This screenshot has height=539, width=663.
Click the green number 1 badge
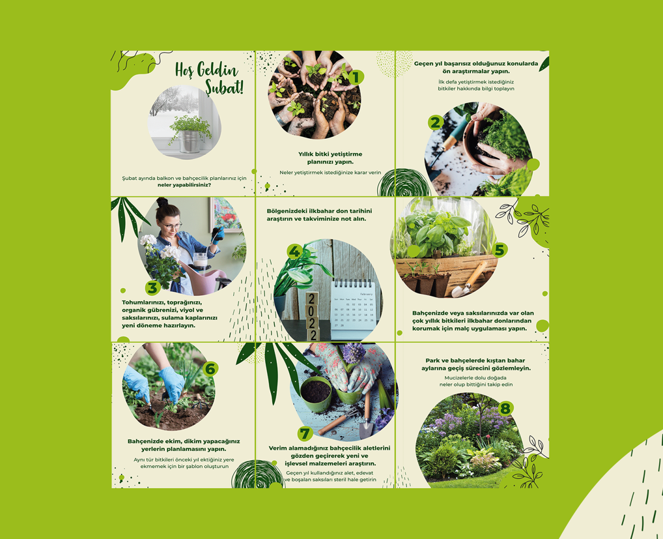coord(356,77)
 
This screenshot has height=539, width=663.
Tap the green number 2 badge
coord(435,123)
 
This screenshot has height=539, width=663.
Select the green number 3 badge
coord(152,287)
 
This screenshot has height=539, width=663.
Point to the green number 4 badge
coord(295,252)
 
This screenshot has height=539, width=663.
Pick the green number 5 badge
coord(500,250)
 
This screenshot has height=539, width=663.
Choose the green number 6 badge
coord(210,369)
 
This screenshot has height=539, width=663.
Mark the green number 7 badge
coord(305,433)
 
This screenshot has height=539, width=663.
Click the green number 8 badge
coord(505,408)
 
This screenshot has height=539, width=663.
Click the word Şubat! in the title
coord(224,87)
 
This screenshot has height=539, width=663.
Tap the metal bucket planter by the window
coord(189,141)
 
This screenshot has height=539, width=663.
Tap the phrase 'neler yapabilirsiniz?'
coord(184,185)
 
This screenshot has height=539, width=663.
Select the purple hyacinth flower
coord(354,353)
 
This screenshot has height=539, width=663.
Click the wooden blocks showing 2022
coord(313,316)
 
